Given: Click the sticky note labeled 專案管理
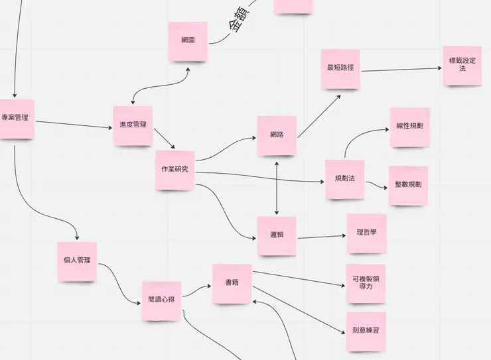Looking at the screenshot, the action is pyautogui.click(x=17, y=119).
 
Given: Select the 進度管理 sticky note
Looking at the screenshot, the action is pyautogui.click(x=133, y=126).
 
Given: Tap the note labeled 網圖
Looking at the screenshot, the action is pyautogui.click(x=188, y=42).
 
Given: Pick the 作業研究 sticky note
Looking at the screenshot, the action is pyautogui.click(x=175, y=170).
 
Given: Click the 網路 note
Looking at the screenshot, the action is pyautogui.click(x=277, y=135).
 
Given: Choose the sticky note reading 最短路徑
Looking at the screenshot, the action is pyautogui.click(x=340, y=69).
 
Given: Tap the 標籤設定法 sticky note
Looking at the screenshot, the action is pyautogui.click(x=462, y=66).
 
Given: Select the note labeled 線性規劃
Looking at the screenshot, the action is pyautogui.click(x=409, y=127).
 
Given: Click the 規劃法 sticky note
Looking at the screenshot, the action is pyautogui.click(x=345, y=180).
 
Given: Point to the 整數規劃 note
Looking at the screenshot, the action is pyautogui.click(x=408, y=186).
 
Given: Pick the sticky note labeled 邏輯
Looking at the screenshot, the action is pyautogui.click(x=277, y=236).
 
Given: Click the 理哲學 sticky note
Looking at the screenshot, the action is pyautogui.click(x=366, y=233).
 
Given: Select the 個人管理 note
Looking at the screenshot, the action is pyautogui.click(x=77, y=261).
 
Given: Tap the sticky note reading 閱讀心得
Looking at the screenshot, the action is pyautogui.click(x=162, y=301).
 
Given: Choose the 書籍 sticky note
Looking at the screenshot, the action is pyautogui.click(x=232, y=284).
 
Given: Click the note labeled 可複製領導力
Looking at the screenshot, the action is pyautogui.click(x=366, y=283).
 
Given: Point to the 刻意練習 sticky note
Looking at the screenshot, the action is pyautogui.click(x=366, y=331).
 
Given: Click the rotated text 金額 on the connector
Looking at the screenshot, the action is pyautogui.click(x=240, y=19).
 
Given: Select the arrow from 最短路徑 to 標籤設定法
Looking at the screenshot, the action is pyautogui.click(x=401, y=70).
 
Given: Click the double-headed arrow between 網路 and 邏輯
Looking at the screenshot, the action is pyautogui.click(x=277, y=188).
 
